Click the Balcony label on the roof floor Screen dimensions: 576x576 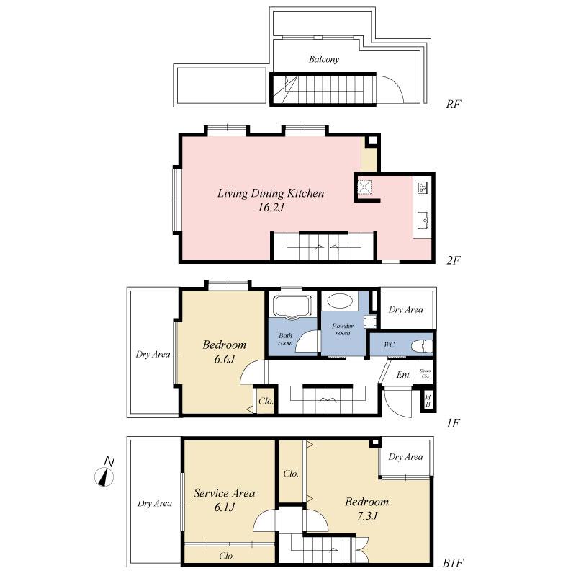(324, 59)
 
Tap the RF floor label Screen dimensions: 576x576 (453, 104)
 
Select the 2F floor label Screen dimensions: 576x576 (453, 259)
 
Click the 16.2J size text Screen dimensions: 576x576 (271, 208)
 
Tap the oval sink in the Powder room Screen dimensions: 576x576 (338, 301)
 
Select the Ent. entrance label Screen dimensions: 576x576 (404, 375)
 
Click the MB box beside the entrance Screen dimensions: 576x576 (428, 401)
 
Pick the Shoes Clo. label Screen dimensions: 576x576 (426, 374)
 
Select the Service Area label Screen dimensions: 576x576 (225, 494)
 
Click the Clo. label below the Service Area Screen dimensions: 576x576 (227, 556)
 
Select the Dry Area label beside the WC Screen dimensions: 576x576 (406, 309)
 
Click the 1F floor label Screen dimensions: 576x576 (453, 424)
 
